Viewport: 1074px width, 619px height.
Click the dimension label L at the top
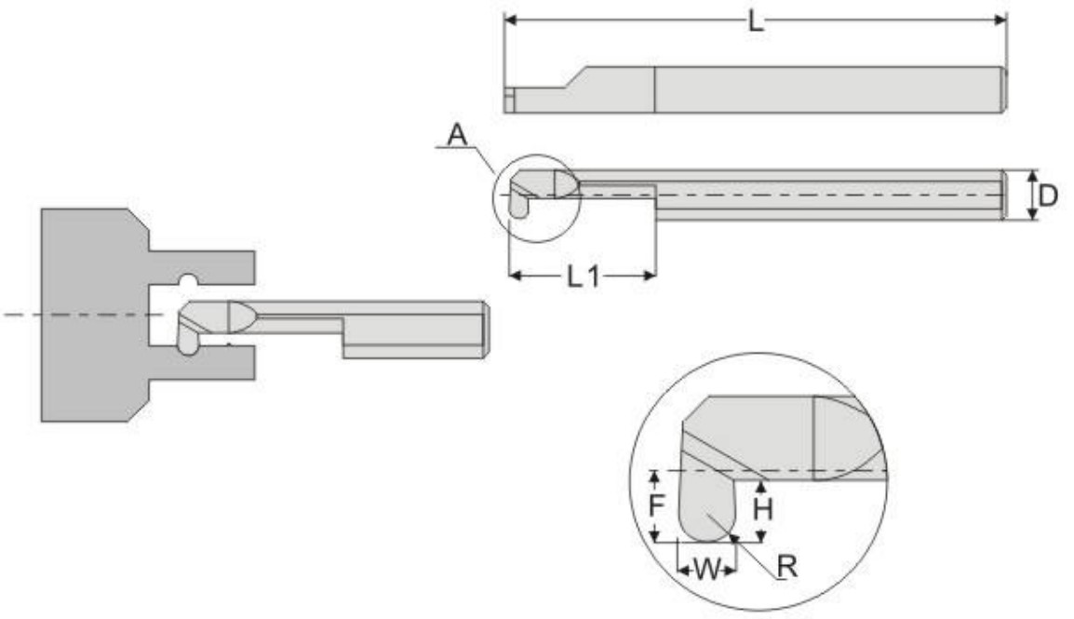756,21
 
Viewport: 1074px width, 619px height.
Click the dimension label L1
583,276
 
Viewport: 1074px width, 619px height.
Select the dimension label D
1048,195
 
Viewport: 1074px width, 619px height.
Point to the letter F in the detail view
656,505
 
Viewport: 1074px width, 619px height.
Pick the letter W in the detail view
707,569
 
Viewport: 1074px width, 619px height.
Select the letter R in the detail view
787,566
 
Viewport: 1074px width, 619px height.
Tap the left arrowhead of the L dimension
508,20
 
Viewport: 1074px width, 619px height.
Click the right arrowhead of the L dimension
1003,20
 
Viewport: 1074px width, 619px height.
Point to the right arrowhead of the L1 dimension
652,276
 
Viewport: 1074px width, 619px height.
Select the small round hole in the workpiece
189,280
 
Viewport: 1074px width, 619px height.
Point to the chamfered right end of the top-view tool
1002,89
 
